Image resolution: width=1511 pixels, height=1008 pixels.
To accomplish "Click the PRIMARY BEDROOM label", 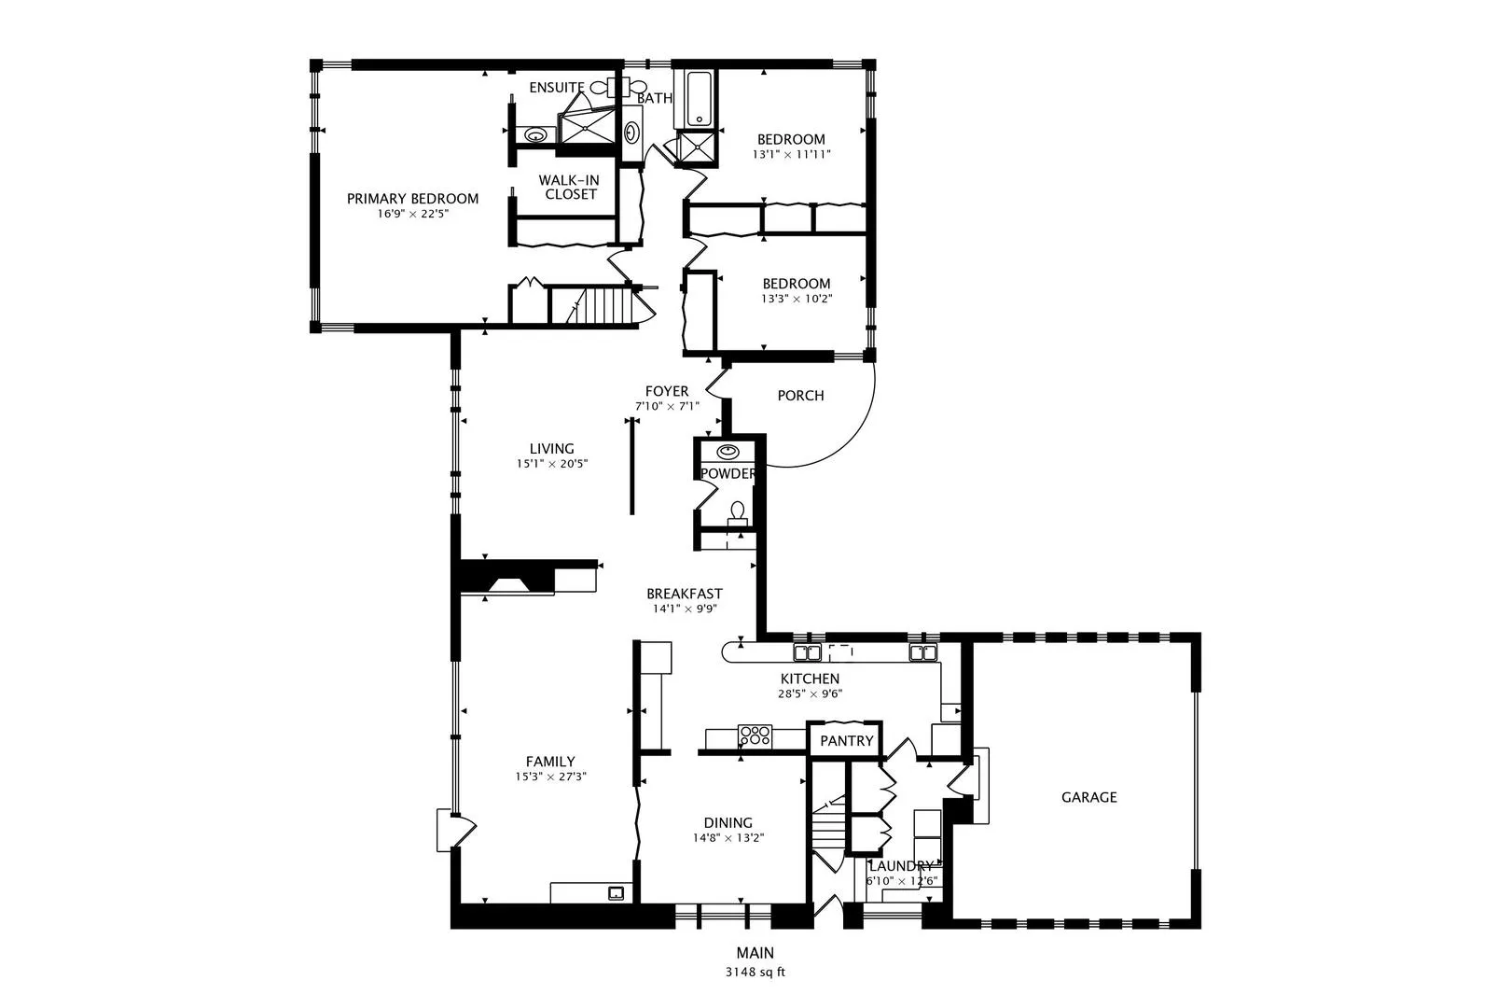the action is coord(413,199).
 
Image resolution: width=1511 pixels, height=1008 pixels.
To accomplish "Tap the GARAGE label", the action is coord(1088,797).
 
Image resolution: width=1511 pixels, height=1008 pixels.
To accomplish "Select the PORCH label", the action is coord(800,396).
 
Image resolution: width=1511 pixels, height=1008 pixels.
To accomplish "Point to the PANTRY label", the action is coord(847,741).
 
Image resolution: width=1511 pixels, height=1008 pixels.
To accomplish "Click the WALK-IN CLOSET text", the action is coord(569,187).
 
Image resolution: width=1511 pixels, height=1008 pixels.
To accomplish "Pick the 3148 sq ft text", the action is coord(755,973).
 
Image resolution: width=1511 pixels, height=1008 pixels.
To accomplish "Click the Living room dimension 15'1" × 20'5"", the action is coord(552,464).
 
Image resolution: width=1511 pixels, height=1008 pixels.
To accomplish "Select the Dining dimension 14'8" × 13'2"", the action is coord(728,838).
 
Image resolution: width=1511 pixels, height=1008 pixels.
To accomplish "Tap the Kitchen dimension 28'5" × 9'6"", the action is coord(810,693).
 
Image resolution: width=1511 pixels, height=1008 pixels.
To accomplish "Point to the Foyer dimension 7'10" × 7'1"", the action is coord(667,406).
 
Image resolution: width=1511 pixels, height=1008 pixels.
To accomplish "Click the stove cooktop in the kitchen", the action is coord(755,735).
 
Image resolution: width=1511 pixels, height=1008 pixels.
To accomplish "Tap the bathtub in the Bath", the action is coord(699,99).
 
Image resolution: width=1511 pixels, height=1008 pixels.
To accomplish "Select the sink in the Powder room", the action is coord(728,452).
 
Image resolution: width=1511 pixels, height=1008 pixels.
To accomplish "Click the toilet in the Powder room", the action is coord(738,513).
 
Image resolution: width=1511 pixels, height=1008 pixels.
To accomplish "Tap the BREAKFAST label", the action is coord(684,595).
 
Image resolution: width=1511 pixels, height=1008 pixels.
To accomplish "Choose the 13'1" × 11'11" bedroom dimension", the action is coord(791,155).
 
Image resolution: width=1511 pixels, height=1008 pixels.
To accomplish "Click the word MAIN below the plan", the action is coord(755,953).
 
